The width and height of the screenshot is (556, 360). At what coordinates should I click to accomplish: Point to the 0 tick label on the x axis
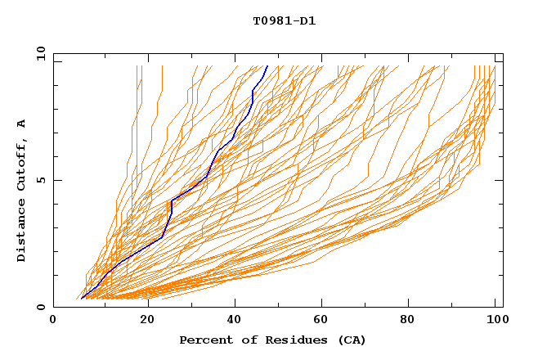pos(53,321)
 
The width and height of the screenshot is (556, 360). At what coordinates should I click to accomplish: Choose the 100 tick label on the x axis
pos(495,321)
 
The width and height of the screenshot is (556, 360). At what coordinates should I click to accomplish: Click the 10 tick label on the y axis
pos(40,53)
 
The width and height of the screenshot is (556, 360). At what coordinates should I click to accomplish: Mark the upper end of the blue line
pos(267,65)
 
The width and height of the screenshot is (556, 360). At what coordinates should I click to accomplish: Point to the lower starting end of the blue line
pos(82,299)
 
